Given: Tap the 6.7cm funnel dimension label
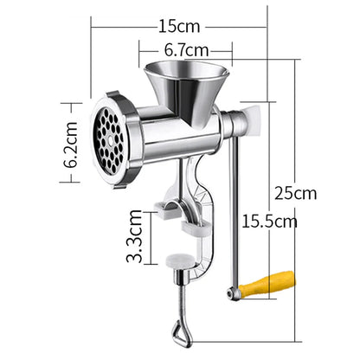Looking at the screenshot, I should (x=184, y=50).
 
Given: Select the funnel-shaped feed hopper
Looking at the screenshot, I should (x=184, y=84).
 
